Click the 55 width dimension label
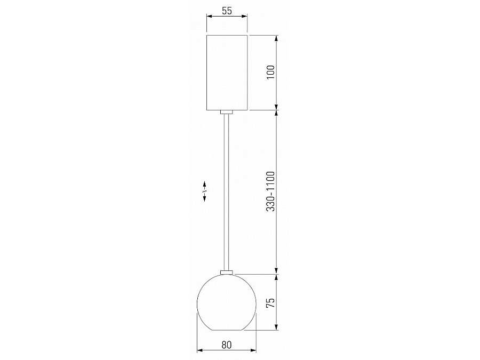227,11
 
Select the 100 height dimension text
270,72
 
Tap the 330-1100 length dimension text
270,192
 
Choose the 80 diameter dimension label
227,345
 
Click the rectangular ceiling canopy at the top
227,72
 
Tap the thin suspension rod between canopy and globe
227,192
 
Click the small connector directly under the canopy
227,112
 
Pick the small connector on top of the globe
227,273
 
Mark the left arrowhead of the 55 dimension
209,17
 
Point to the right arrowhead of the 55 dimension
245,17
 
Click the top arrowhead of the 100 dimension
277,38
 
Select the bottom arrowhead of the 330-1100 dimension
277,270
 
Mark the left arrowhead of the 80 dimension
200,350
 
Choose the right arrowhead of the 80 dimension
253,350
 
